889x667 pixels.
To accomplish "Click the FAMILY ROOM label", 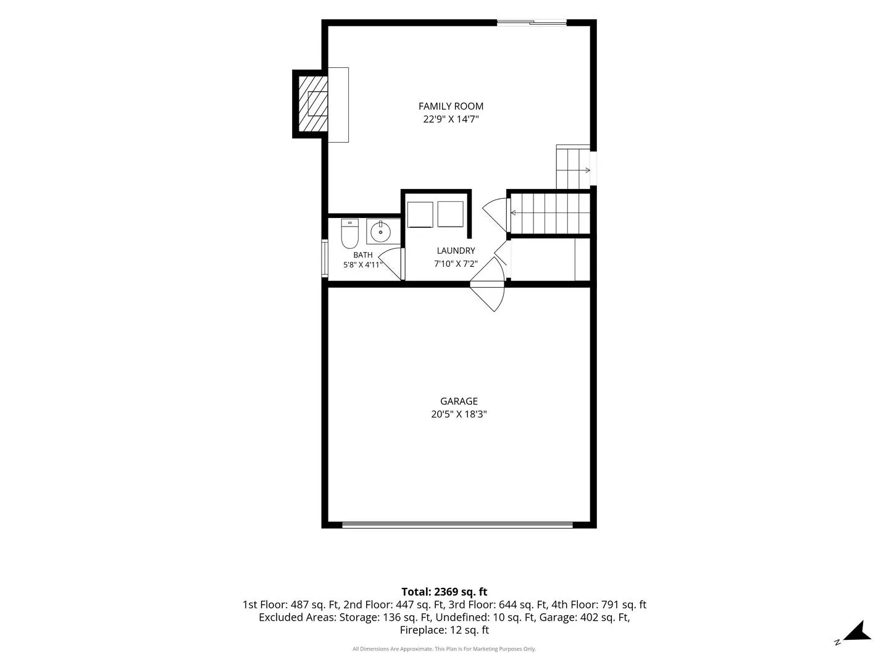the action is (451, 106).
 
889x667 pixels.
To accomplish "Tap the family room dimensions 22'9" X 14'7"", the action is (451, 119).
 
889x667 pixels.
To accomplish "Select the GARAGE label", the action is (459, 401).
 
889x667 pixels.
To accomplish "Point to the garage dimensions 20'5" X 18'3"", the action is (459, 414).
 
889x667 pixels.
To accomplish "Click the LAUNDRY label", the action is (456, 251).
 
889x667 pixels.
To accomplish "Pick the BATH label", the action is (363, 254).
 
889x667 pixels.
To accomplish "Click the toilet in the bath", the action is (349, 233).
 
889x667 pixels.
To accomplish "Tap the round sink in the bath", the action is (380, 232).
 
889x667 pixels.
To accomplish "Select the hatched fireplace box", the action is (313, 104).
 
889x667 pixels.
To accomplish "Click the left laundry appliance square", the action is (420, 215).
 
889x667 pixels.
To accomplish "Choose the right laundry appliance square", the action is (451, 214).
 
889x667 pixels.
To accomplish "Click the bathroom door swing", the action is (391, 264).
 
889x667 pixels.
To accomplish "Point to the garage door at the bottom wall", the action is (457, 525).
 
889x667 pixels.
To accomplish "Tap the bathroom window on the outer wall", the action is (324, 258).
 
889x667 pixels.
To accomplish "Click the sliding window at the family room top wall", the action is (532, 23).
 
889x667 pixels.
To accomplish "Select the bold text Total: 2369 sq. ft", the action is (444, 592).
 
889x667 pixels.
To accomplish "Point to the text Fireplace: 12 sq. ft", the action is (444, 630).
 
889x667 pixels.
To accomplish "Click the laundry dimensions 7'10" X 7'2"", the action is (456, 264).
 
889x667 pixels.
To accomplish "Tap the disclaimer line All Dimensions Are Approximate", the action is (444, 648).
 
